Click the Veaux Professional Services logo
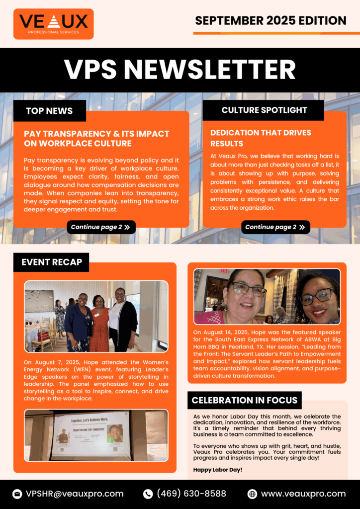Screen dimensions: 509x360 [x=53, y=24]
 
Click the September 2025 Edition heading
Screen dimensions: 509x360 [x=270, y=20]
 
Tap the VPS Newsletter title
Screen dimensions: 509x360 [x=180, y=70]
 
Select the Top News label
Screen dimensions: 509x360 [x=49, y=111]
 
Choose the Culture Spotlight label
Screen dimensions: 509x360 [x=264, y=110]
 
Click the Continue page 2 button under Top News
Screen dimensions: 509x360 [x=101, y=227]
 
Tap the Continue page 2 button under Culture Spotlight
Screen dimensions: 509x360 [x=275, y=227]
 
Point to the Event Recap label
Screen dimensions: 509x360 [x=52, y=262]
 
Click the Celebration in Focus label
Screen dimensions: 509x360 [x=245, y=400]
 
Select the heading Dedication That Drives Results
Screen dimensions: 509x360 [x=261, y=138]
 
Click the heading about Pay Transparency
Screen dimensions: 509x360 [x=96, y=139]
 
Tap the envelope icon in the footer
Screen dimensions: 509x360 [x=17, y=494]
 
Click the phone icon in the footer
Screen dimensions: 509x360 [x=148, y=494]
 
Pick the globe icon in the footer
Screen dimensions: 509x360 [x=252, y=494]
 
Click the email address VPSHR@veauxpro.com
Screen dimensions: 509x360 [x=75, y=494]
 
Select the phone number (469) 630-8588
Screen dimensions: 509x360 [x=191, y=494]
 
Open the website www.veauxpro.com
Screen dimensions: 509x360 [x=303, y=494]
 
